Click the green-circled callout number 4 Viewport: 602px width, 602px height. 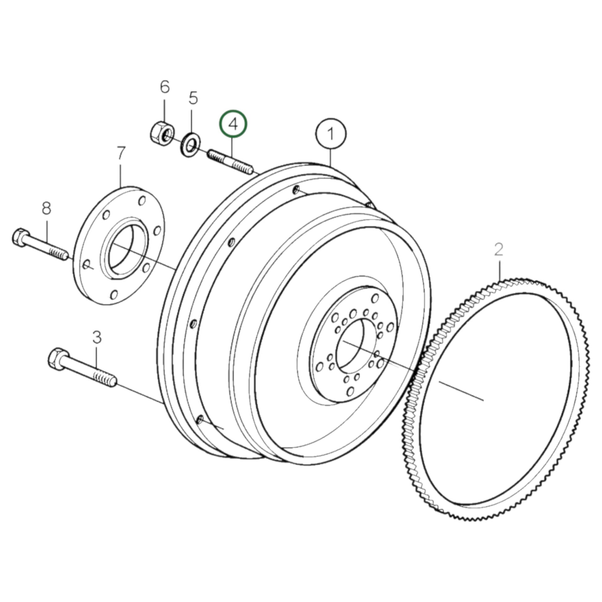point(233,124)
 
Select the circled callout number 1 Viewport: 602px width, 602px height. point(331,134)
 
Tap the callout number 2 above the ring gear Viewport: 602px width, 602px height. point(499,250)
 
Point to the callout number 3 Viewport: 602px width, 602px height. point(97,337)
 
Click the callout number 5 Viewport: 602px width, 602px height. point(193,98)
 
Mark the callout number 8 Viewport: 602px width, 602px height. point(46,208)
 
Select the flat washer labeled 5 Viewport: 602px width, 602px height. point(190,144)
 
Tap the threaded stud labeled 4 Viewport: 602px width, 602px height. point(230,162)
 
